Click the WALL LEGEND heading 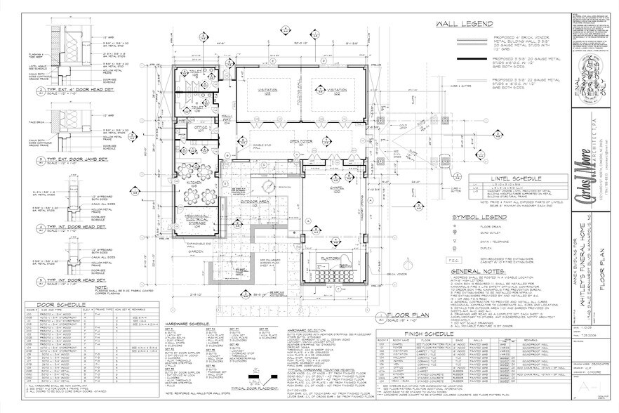point(465,25)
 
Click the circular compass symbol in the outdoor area point(270,185)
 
